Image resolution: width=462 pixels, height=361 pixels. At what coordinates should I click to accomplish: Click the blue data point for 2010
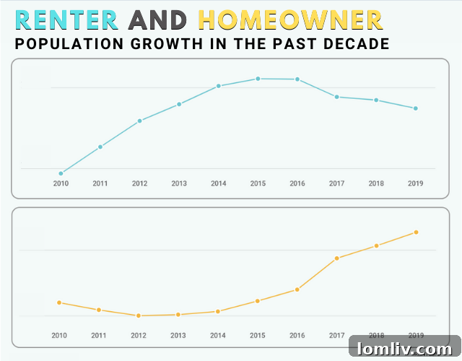[x=61, y=173]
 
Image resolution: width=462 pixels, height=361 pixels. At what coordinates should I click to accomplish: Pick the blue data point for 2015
[x=258, y=79]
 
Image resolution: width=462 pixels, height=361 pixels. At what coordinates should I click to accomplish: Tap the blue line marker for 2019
[x=415, y=108]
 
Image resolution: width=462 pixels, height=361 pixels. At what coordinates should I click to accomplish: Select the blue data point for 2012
[x=139, y=121]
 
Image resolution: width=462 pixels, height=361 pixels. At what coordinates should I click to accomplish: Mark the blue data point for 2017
[x=336, y=97]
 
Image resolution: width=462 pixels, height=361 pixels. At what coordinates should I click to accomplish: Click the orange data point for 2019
[x=416, y=232]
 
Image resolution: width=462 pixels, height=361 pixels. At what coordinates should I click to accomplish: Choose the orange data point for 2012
[x=139, y=316]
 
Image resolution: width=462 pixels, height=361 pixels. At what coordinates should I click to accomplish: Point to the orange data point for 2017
[x=336, y=258]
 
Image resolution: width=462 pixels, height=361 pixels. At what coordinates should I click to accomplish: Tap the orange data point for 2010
[x=59, y=303]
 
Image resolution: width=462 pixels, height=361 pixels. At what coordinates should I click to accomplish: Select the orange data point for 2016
[x=297, y=290]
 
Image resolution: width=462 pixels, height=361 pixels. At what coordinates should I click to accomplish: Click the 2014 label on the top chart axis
[x=218, y=184]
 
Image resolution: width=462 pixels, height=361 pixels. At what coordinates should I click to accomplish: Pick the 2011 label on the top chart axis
[x=100, y=184]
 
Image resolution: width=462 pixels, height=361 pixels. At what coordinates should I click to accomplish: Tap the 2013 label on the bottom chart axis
[x=178, y=336]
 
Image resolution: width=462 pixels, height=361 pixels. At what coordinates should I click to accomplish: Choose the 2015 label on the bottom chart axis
[x=258, y=336]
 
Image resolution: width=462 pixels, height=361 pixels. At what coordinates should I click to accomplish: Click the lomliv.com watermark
[x=404, y=349]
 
